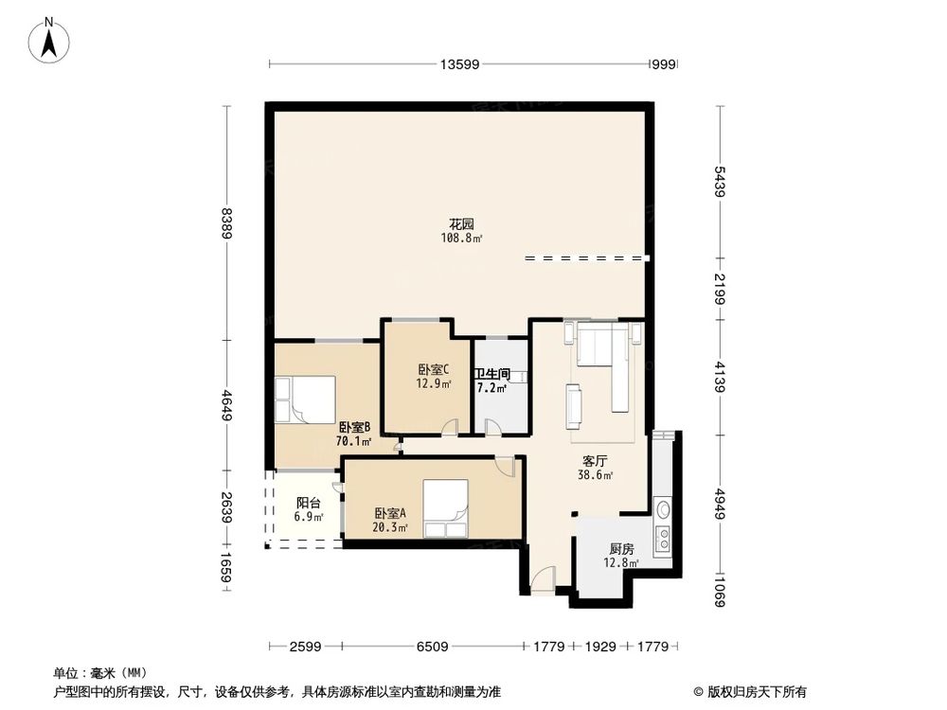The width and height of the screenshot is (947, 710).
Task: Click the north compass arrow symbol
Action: pos(54,40)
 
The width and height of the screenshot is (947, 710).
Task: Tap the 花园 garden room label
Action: pos(461,224)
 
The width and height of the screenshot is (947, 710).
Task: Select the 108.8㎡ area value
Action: pos(461,239)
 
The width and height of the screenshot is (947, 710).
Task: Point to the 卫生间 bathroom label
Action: pos(492,374)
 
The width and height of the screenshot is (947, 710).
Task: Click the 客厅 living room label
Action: pos(594,461)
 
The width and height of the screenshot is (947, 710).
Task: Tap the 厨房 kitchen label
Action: pos(620,549)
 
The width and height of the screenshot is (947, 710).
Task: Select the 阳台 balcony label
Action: pos(307,504)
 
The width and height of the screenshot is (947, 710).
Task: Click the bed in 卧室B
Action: pos(305,399)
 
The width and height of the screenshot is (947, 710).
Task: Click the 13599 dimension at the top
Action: pos(459,64)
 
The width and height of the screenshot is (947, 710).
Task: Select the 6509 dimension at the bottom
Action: pos(432,647)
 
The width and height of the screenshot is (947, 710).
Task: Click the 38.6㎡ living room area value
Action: pos(594,475)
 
